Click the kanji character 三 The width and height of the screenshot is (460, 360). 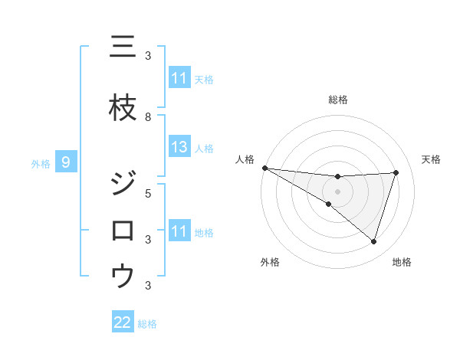click(x=123, y=47)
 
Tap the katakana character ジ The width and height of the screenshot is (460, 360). click(x=123, y=185)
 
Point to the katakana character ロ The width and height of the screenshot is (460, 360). click(x=123, y=230)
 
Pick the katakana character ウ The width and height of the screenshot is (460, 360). click(x=123, y=275)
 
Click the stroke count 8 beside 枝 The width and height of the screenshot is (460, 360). click(x=148, y=116)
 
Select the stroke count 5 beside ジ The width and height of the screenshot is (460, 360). click(x=148, y=193)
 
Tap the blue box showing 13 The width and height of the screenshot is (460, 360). click(x=179, y=147)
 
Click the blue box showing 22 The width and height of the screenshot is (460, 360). click(x=123, y=322)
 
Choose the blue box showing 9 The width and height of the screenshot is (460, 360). click(x=66, y=162)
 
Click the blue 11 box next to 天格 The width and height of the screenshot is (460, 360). click(x=179, y=78)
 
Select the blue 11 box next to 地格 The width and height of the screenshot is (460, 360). click(x=179, y=231)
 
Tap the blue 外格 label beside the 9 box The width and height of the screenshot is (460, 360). click(x=41, y=163)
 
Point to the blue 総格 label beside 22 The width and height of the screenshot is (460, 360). click(x=147, y=324)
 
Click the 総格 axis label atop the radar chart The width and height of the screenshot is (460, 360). click(x=337, y=100)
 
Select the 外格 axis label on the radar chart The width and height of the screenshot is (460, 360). click(x=270, y=262)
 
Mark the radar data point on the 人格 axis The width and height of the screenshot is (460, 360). click(x=264, y=168)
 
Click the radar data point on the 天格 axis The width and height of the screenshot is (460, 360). click(x=396, y=172)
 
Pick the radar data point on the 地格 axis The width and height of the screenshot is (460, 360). click(x=374, y=241)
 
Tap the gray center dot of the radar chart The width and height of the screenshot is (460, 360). click(x=337, y=191)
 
